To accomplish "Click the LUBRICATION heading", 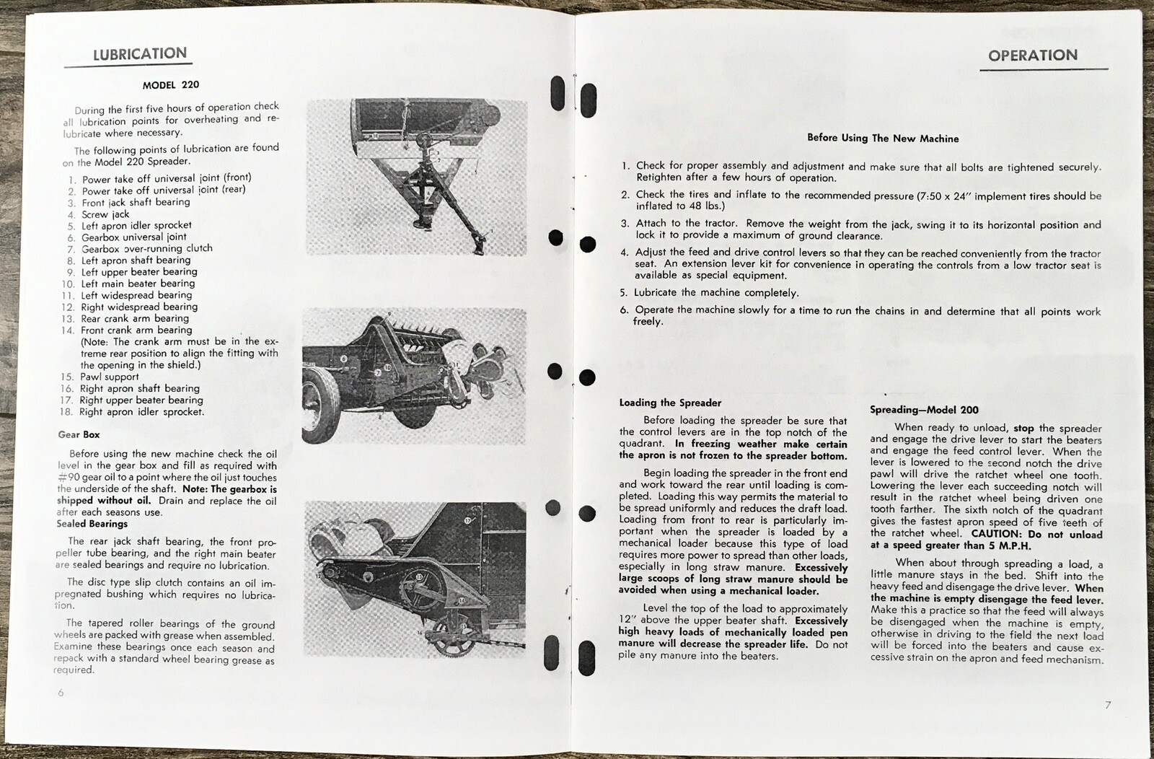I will (x=140, y=54).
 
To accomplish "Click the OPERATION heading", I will (x=1032, y=56).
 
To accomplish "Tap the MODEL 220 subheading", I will (x=171, y=85).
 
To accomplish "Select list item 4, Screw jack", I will (x=105, y=214).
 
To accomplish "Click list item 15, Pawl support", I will (x=109, y=377).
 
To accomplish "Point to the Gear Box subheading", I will (x=79, y=434).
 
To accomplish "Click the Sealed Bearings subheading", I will (x=92, y=524).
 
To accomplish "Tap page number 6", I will (x=61, y=693).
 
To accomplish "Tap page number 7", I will (x=1108, y=705).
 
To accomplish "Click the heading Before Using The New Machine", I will (x=882, y=138).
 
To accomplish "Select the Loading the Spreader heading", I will (x=670, y=403).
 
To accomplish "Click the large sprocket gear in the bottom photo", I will (x=419, y=580).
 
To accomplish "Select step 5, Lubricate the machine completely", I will (x=715, y=293).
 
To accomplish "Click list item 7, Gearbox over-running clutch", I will (x=146, y=248).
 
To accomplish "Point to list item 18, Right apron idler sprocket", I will (x=141, y=412).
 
